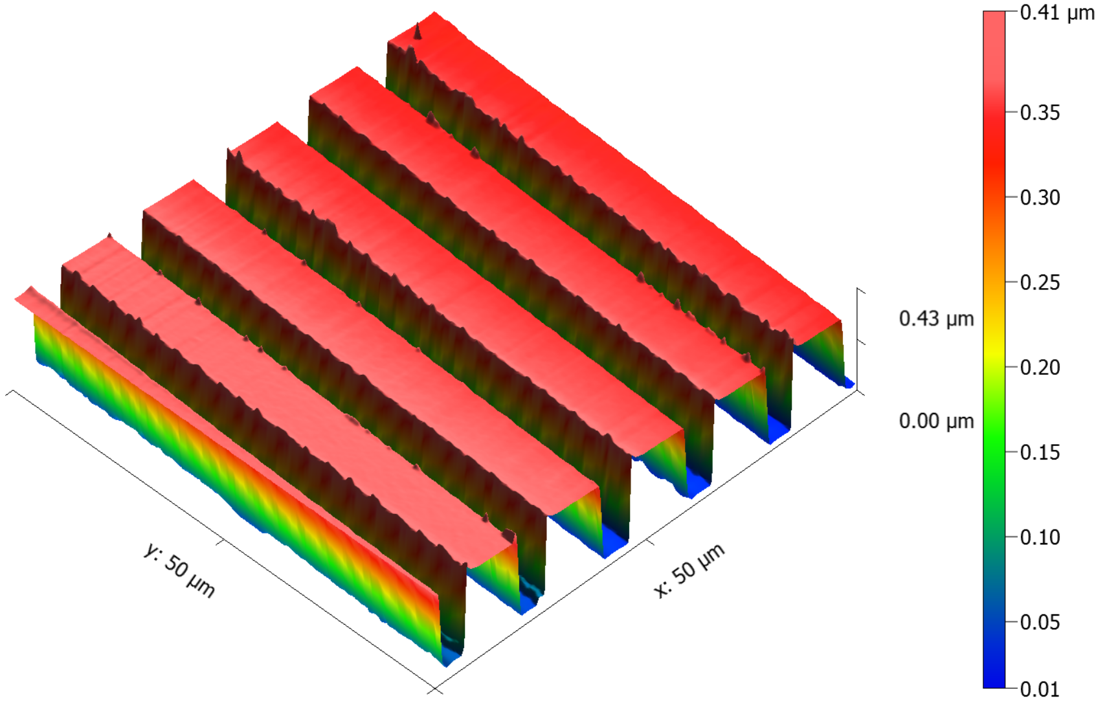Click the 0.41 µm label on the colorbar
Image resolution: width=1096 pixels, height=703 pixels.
tap(1057, 13)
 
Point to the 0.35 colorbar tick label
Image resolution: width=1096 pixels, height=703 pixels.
tap(1040, 113)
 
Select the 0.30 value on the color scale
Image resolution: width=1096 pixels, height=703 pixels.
tap(1040, 197)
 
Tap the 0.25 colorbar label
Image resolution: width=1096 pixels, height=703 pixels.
tap(1040, 283)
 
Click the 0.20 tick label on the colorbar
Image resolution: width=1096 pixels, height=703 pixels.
tap(1040, 368)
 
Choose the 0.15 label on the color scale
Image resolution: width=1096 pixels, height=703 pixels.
tap(1040, 452)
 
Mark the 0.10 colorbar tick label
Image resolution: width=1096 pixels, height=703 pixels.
tap(1040, 537)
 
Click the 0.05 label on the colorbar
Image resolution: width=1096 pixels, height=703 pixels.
tap(1040, 622)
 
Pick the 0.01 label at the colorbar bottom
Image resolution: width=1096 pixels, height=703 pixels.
tap(1040, 690)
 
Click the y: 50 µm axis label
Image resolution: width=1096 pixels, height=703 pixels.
tap(179, 570)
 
